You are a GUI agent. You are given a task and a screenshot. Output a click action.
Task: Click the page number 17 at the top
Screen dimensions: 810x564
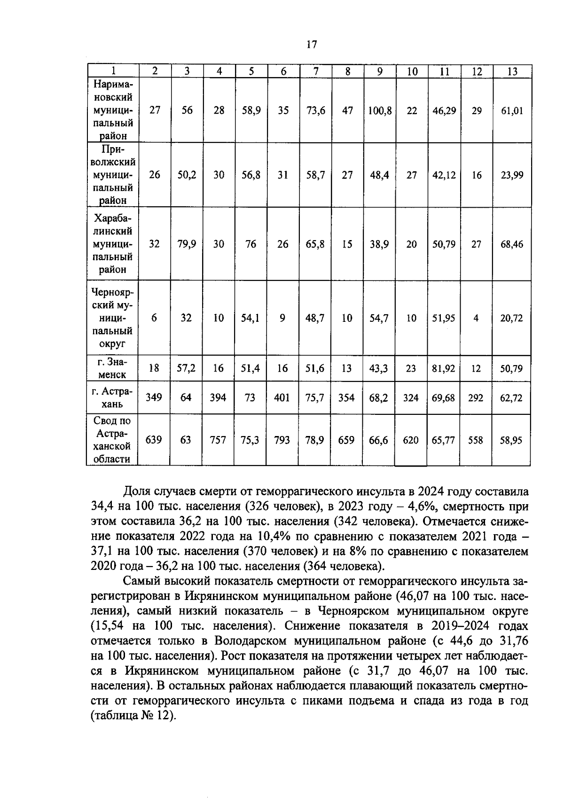312,45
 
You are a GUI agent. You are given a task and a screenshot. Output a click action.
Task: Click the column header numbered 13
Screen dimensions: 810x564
512,71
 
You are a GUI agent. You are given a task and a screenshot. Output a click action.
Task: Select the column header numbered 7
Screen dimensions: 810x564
316,71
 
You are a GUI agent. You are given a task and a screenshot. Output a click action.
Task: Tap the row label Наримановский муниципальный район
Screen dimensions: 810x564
113,110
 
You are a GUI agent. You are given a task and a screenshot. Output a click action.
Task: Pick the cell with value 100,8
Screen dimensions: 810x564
380,111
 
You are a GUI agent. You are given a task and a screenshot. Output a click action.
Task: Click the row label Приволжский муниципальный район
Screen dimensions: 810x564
113,175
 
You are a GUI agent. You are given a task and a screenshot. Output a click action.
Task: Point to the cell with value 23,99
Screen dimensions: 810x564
511,175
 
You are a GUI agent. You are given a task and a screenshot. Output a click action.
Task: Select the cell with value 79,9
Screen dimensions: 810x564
187,244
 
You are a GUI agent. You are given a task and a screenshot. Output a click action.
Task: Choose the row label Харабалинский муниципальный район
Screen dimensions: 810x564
113,244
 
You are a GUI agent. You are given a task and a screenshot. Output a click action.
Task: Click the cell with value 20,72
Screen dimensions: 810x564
511,318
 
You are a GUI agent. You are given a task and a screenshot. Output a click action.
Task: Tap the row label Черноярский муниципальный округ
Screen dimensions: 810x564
113,318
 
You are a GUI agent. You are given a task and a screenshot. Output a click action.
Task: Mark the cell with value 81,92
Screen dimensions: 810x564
444,368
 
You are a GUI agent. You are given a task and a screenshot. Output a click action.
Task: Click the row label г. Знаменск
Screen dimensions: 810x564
113,368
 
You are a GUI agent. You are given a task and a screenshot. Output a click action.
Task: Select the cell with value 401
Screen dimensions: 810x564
282,398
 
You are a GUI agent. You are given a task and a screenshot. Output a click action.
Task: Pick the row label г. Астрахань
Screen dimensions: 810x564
113,397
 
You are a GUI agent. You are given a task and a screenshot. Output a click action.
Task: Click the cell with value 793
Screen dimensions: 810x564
282,440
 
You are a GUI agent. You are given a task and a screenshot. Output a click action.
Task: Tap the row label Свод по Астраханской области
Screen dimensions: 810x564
113,440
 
